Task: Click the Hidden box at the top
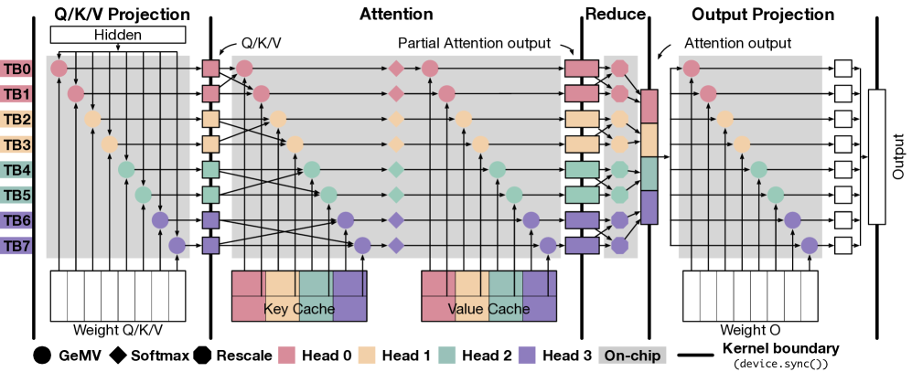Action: coord(118,35)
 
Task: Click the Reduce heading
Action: coord(616,14)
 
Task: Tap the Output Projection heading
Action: coord(776,14)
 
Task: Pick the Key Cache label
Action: coord(299,309)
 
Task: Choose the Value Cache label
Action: coord(489,309)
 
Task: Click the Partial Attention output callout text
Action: coord(474,43)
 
